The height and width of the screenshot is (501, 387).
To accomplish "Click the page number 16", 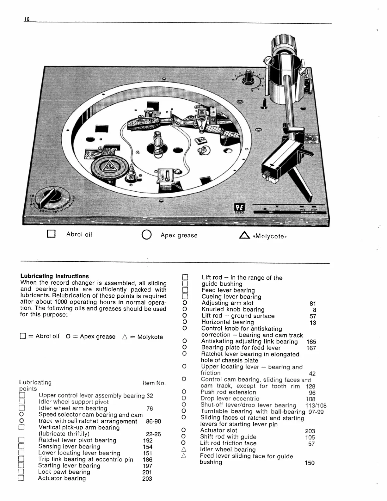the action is click(x=27, y=19).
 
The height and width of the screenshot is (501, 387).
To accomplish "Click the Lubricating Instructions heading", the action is click(x=54, y=276).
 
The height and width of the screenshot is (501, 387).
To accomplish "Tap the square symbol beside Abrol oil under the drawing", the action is click(x=51, y=234).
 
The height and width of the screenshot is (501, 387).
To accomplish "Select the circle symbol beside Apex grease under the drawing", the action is click(x=146, y=235).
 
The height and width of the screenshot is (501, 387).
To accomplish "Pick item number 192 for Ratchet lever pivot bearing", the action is click(x=148, y=440).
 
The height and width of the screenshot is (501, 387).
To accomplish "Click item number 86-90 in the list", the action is click(x=153, y=421).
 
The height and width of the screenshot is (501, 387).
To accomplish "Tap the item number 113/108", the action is click(x=316, y=405).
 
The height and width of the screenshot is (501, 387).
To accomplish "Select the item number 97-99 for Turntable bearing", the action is click(x=316, y=412).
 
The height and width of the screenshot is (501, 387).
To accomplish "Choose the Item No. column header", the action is click(x=154, y=383).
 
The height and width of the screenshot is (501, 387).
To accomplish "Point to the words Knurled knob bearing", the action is click(x=233, y=309).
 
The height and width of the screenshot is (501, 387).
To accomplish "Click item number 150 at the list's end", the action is click(x=310, y=463).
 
